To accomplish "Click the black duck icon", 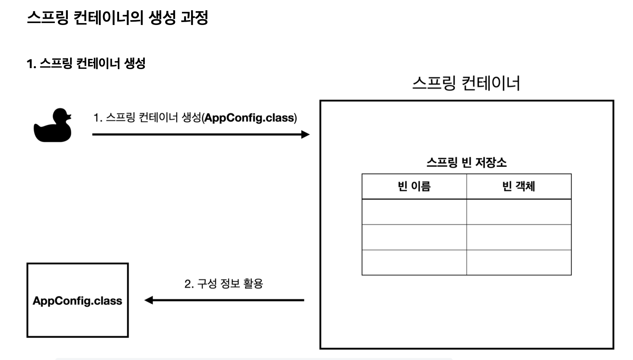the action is [x=53, y=127].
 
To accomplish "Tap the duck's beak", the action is [x=69, y=116].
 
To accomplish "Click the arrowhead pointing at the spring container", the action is [x=306, y=134].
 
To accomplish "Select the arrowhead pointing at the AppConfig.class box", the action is [x=149, y=300].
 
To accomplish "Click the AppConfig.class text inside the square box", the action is [x=77, y=301].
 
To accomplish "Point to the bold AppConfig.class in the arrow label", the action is [x=249, y=118].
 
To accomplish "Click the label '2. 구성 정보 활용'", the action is [x=224, y=284].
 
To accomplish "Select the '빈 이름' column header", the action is [x=414, y=187].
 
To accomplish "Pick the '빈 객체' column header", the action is [x=519, y=187].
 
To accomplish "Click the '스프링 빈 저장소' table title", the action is [x=467, y=162].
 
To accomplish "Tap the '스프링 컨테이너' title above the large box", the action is [x=466, y=83].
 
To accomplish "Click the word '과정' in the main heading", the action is [x=194, y=17].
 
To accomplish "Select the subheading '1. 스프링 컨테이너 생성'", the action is [x=86, y=63].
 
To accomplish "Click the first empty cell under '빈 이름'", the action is [x=414, y=212].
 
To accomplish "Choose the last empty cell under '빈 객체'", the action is [x=519, y=262].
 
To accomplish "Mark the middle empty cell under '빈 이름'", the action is [x=414, y=237].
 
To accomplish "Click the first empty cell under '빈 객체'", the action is [x=519, y=212].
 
